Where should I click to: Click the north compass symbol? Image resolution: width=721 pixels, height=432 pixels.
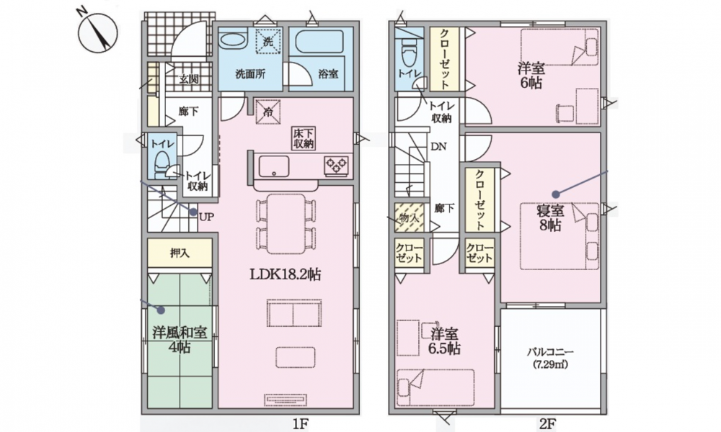98,33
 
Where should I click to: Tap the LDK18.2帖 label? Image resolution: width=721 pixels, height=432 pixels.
285,274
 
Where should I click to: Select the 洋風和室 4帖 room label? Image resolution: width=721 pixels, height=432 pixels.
180,340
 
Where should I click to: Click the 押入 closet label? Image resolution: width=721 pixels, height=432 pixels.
180,253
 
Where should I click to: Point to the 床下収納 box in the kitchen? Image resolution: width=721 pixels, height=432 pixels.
303,138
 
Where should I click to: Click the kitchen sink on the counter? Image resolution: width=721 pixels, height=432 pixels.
274,166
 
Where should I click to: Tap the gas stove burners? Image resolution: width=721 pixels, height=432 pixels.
337,166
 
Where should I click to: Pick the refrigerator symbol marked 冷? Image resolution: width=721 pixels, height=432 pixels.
268,111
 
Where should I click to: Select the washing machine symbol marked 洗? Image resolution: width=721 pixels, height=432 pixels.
268,41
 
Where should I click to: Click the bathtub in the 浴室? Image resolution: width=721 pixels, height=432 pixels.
319,42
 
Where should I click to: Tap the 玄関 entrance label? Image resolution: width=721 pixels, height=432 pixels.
188,79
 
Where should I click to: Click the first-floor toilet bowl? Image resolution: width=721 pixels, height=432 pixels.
162,164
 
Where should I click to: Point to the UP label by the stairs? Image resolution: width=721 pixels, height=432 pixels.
206,217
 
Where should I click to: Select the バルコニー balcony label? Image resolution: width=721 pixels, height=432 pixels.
550,353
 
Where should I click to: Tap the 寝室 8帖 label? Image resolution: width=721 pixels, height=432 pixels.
550,218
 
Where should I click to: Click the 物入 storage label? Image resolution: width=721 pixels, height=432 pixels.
408,217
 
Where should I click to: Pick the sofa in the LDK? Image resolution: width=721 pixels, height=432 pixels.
294,312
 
